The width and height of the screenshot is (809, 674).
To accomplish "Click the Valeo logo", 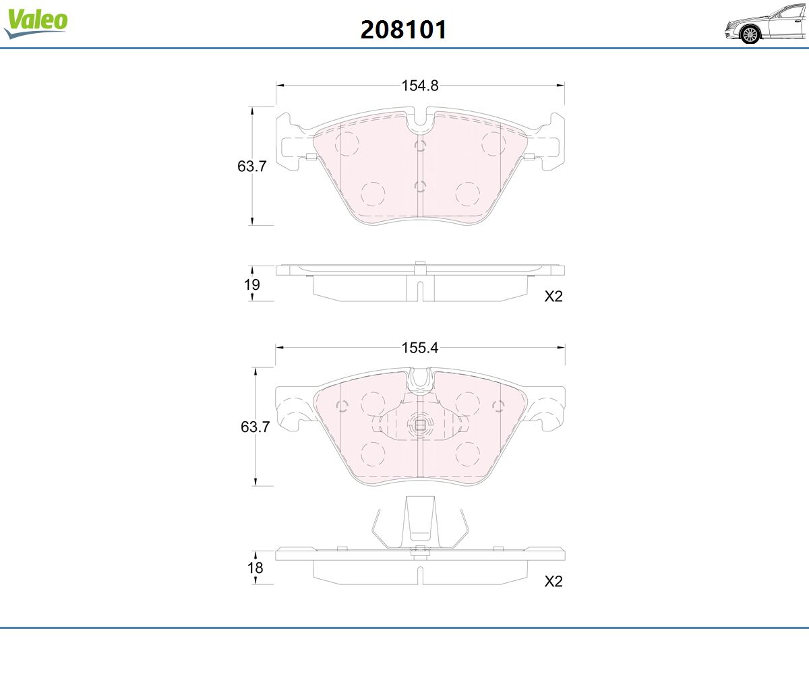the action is (x=36, y=23).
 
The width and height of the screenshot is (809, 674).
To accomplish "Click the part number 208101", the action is (x=403, y=30).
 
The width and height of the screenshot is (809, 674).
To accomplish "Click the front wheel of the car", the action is (x=750, y=35).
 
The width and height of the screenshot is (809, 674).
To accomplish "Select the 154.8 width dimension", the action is (x=420, y=86).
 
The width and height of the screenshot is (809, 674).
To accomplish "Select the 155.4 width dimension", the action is (x=420, y=348).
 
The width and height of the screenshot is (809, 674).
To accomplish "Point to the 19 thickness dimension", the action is (x=252, y=284).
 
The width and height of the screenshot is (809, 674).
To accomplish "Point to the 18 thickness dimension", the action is (x=255, y=568).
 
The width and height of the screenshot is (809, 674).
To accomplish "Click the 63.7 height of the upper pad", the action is (x=252, y=166).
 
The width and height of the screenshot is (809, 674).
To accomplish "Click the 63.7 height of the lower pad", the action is (x=255, y=427).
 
